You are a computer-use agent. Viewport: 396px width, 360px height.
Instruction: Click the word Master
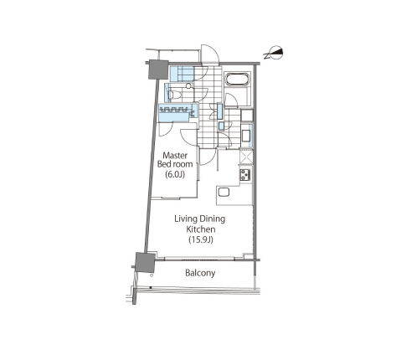pyautogui.click(x=175, y=155)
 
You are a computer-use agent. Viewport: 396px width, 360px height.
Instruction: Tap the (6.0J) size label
pyautogui.click(x=175, y=175)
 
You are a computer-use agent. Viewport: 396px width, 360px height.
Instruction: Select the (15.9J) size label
pyautogui.click(x=201, y=239)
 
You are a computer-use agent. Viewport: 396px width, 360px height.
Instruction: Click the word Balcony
pyautogui.click(x=200, y=273)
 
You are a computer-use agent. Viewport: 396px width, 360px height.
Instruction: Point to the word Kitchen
pyautogui.click(x=201, y=229)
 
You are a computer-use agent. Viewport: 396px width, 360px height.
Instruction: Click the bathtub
pyautogui.click(x=237, y=80)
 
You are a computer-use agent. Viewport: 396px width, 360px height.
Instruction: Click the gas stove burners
pyautogui.click(x=245, y=175)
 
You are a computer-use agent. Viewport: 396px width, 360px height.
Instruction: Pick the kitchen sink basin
pyautogui.click(x=224, y=193)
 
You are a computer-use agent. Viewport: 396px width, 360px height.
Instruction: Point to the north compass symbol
pyautogui.click(x=274, y=53)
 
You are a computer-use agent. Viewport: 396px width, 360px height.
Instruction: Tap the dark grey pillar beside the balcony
pyautogui.click(x=145, y=262)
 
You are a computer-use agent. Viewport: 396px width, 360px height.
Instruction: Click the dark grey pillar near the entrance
pyautogui.click(x=159, y=69)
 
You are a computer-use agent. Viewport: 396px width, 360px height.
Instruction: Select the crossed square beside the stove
pyautogui.click(x=246, y=157)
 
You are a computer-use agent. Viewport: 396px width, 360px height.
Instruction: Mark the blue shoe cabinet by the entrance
pyautogui.click(x=182, y=75)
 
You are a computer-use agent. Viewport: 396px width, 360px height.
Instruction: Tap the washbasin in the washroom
pyautogui.click(x=246, y=136)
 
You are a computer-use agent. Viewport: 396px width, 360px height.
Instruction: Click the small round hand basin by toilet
pyautogui.click(x=189, y=86)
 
